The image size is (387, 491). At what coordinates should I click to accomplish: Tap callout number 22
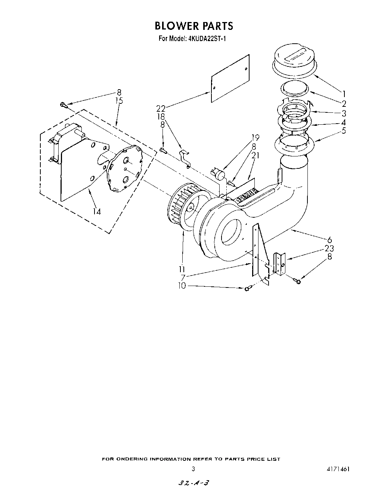tap(161, 109)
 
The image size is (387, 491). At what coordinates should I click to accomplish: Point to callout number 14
tap(96, 211)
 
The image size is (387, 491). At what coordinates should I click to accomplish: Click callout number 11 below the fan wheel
tap(182, 269)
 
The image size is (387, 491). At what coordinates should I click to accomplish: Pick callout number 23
tap(329, 248)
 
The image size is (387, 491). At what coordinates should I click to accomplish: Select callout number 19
tap(255, 137)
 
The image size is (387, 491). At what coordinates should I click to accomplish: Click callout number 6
tap(329, 240)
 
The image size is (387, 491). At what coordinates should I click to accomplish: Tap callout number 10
tap(182, 286)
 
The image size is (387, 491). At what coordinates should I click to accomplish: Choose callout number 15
tap(119, 101)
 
